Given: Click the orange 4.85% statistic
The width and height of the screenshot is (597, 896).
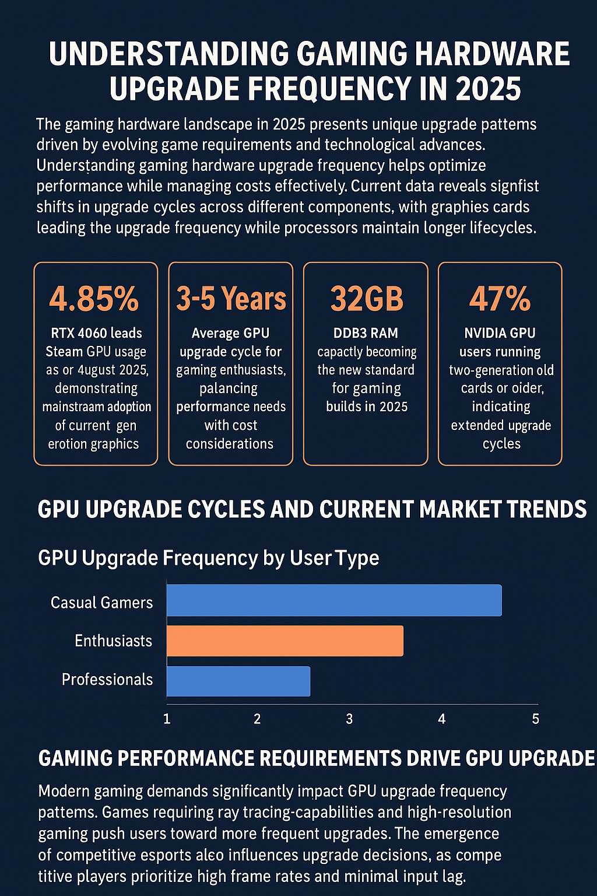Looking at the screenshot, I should tap(94, 299).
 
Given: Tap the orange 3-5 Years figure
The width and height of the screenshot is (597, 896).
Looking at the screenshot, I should tap(231, 299).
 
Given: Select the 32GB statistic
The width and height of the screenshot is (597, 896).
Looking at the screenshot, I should tap(366, 299).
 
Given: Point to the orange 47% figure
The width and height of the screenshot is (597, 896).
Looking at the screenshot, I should tap(500, 299).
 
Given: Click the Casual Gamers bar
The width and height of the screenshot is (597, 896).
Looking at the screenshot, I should tap(334, 600).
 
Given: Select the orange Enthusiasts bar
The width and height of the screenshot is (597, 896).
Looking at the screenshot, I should tap(285, 640).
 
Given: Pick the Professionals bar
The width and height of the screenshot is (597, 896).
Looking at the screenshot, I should tap(238, 681).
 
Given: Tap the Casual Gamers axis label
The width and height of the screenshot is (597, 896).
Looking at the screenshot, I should tap(101, 603).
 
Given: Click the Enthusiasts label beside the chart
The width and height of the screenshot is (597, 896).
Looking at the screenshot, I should tap(113, 641).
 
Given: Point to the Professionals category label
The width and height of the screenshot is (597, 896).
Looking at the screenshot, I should tap(107, 680).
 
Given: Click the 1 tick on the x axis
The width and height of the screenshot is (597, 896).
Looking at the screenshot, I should tap(167, 719).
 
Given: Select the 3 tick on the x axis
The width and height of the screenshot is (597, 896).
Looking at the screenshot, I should tap(349, 719).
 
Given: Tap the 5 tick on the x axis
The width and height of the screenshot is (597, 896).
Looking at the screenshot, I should tap(535, 719).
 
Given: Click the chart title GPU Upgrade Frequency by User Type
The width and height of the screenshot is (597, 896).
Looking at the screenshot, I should tap(208, 558).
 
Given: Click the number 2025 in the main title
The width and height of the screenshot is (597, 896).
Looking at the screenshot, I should tap(488, 89).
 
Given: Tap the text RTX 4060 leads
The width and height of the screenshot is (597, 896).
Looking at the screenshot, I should tap(96, 333).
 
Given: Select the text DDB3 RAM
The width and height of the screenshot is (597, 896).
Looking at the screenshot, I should tap(366, 333).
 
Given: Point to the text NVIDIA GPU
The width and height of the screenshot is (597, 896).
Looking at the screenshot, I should tap(500, 333).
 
